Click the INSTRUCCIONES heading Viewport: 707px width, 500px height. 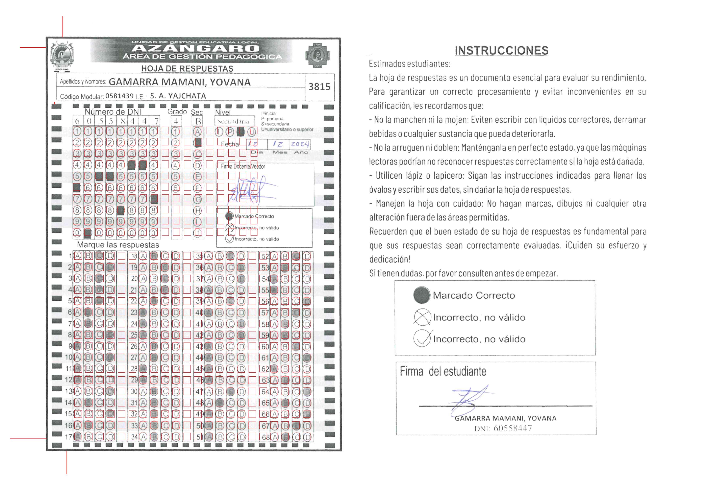[x=501, y=50]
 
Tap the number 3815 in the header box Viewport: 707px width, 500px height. [x=319, y=87]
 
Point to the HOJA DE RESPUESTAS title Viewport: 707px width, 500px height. [x=187, y=69]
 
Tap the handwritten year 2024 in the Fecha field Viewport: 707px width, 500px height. [x=300, y=144]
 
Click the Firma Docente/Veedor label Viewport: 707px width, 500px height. [x=243, y=167]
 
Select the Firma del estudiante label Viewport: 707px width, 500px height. [x=443, y=371]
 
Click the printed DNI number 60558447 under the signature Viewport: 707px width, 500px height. [x=512, y=428]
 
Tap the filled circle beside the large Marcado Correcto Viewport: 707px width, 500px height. [x=422, y=295]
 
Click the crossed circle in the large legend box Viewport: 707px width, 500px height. [x=422, y=317]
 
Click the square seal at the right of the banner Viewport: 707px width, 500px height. [x=317, y=55]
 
